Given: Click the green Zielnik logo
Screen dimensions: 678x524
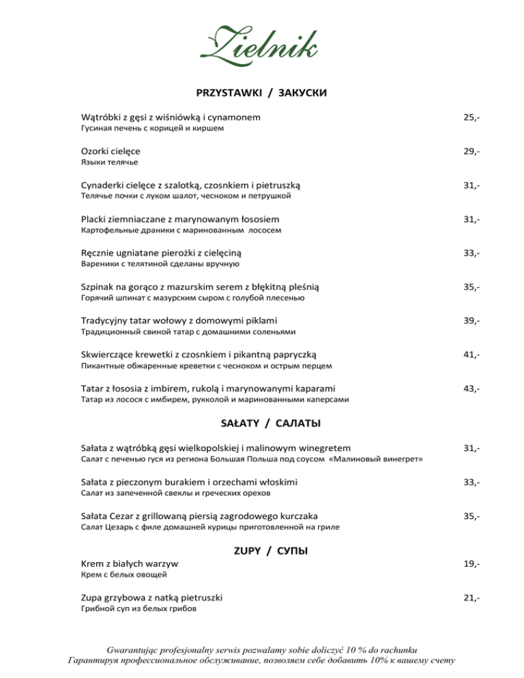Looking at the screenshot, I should pyautogui.click(x=261, y=42).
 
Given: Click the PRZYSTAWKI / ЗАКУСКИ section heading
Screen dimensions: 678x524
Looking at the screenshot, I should pyautogui.click(x=262, y=92).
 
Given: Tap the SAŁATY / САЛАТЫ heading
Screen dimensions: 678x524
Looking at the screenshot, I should pyautogui.click(x=262, y=424).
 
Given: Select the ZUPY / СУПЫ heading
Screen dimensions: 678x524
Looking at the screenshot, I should pyautogui.click(x=262, y=550).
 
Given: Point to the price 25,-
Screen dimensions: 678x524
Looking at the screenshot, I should pyautogui.click(x=471, y=118).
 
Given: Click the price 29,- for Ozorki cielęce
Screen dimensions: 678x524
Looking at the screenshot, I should pyautogui.click(x=471, y=151).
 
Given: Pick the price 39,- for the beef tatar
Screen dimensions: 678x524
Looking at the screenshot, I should pyautogui.click(x=471, y=321).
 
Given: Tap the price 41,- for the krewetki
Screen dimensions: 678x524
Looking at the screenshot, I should pyautogui.click(x=471, y=355).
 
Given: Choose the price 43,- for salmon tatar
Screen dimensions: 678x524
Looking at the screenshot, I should pyautogui.click(x=471, y=389).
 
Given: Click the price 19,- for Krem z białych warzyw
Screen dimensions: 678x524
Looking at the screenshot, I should pyautogui.click(x=471, y=564).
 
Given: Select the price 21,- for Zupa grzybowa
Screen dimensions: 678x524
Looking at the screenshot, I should pyautogui.click(x=471, y=598).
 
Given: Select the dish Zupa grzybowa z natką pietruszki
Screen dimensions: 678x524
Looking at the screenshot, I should pyautogui.click(x=151, y=598).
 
